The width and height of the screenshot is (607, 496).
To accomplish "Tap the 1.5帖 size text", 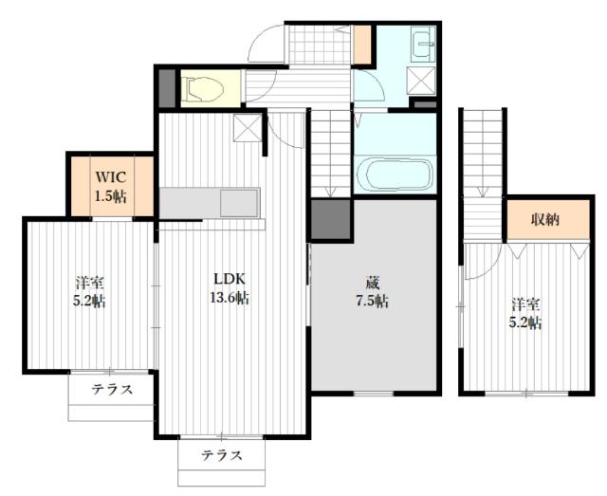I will (110, 196).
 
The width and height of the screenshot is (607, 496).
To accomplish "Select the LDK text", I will (230, 280).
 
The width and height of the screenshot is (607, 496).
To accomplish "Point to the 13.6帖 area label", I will (230, 299).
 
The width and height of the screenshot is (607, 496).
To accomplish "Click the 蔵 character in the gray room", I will (375, 283).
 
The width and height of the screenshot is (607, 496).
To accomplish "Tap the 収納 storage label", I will (543, 219).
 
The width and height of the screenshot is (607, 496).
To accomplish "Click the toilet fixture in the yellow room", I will (203, 89).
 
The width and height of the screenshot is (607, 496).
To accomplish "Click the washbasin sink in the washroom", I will (422, 45).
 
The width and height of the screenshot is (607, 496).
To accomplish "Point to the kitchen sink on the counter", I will (238, 202).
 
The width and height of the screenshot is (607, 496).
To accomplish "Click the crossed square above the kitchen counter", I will (246, 127).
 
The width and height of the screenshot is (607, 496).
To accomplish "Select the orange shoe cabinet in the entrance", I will (361, 45).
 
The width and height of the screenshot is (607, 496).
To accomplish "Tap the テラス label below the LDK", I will (220, 455).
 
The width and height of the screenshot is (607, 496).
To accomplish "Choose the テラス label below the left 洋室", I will (111, 390).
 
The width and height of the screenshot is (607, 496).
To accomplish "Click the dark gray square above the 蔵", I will (331, 219).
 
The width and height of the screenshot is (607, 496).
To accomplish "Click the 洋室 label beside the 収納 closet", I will (527, 304).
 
